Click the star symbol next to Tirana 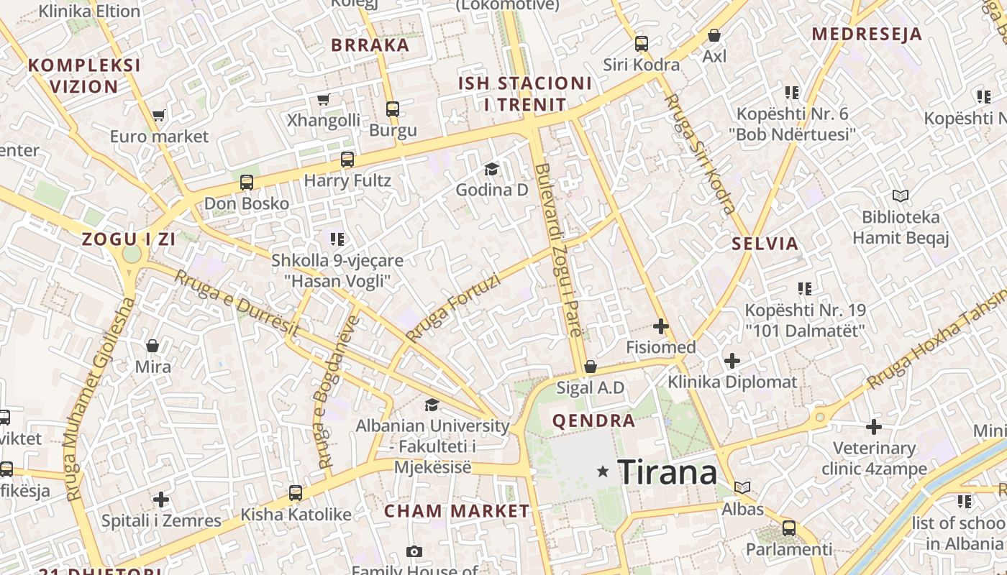coord(603,471)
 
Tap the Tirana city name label coord(667,472)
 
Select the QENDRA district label coord(593,420)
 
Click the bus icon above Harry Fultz coord(347,160)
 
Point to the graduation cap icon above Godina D coord(491,169)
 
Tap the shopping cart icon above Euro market coord(159,115)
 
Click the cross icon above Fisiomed coord(660,326)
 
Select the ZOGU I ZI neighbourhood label coord(129,239)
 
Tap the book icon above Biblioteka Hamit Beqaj coord(900,195)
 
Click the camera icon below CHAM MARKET coord(414,551)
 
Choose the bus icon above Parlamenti coord(788,528)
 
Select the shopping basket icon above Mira coord(152,346)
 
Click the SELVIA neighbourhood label coord(765,243)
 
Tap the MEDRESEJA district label coord(867,34)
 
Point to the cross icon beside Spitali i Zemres coord(161,499)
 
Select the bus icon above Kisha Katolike coord(295,493)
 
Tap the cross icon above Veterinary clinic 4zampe coord(873,427)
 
